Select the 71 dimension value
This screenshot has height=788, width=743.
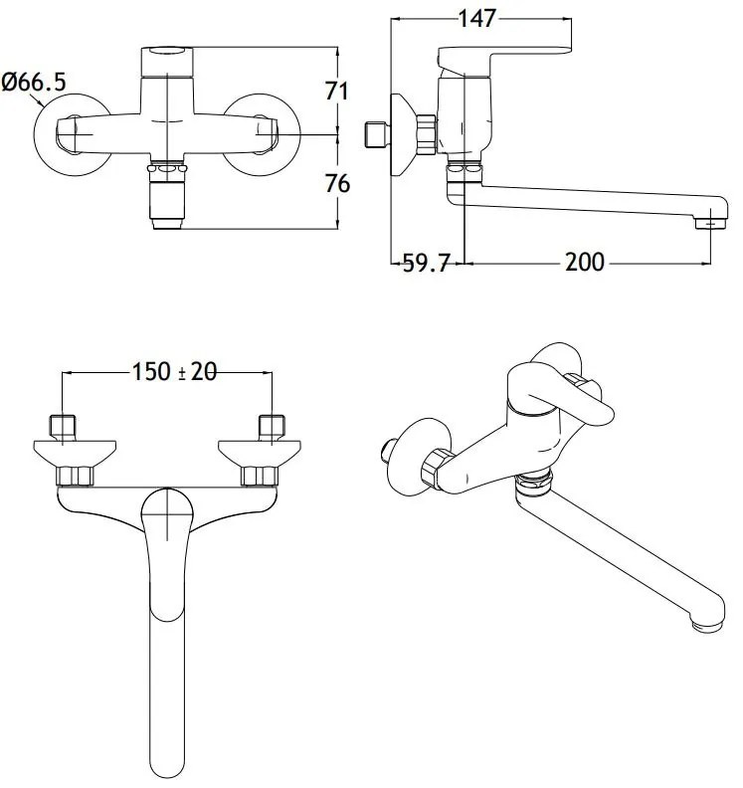[337, 91]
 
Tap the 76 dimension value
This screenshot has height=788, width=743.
[337, 183]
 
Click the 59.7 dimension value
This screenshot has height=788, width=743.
[426, 263]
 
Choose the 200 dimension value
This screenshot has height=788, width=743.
[585, 263]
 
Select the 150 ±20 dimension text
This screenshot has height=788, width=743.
[174, 372]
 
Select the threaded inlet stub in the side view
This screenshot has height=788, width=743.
[376, 134]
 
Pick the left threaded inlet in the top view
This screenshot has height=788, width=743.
[63, 427]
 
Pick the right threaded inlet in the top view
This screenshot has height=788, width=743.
[272, 427]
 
